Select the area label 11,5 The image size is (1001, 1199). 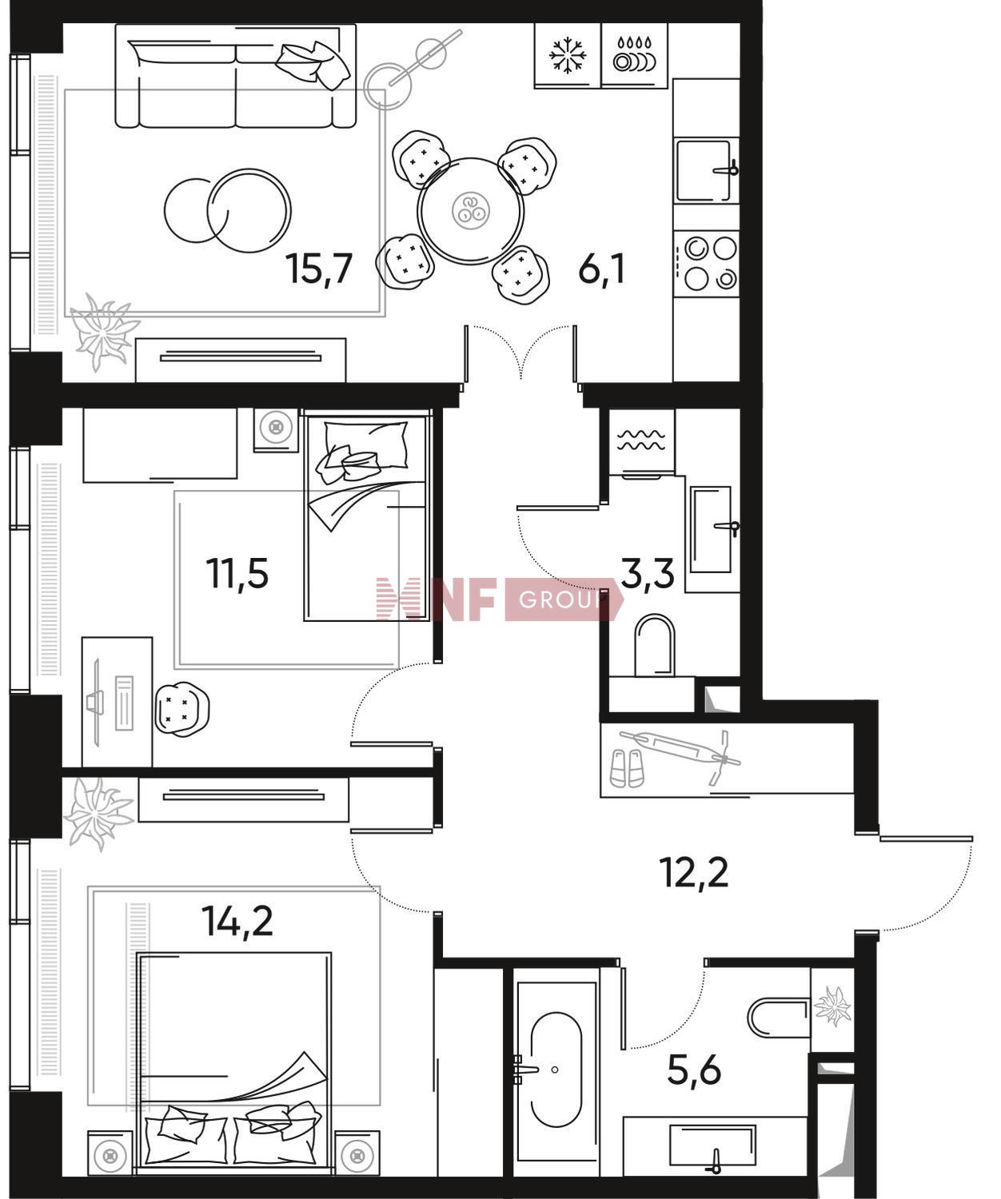click(x=237, y=573)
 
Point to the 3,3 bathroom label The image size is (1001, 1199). click(x=648, y=573)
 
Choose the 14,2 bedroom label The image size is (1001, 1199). click(x=237, y=921)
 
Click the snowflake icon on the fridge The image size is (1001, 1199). click(x=568, y=55)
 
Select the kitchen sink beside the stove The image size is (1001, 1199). click(x=705, y=170)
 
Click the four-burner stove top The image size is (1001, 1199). click(x=707, y=264)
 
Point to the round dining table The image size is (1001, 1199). click(x=470, y=211)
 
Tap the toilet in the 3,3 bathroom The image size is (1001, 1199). click(x=653, y=645)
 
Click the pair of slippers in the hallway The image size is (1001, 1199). click(x=627, y=767)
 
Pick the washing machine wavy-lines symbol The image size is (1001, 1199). click(x=641, y=440)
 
